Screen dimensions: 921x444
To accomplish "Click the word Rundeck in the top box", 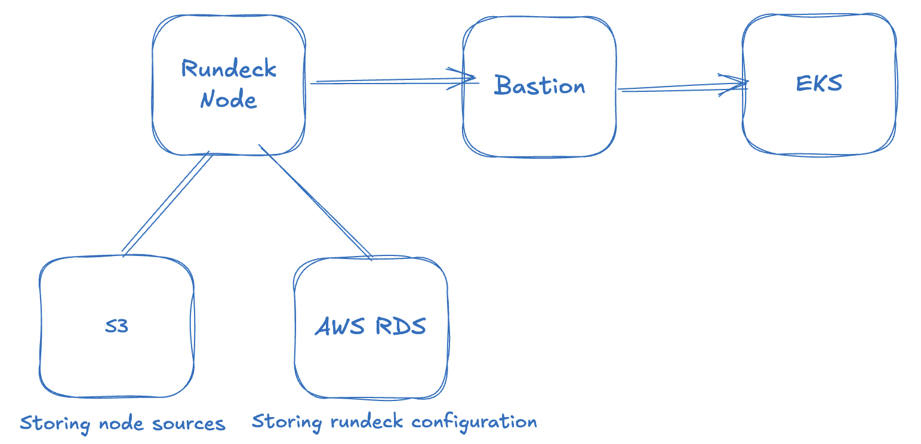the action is [229, 68].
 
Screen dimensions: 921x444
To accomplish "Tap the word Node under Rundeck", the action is [229, 98].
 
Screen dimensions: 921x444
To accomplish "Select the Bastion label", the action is [540, 85].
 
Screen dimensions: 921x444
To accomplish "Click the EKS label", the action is [819, 83].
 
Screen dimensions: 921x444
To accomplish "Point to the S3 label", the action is [116, 326].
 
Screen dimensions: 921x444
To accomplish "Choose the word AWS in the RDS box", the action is [340, 326].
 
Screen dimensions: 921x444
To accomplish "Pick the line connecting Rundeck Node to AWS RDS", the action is [315, 202].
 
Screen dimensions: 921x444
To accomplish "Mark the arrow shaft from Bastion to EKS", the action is [682, 87].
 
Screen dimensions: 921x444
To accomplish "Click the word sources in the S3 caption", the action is [189, 424].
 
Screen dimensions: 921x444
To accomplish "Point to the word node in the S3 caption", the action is [122, 424].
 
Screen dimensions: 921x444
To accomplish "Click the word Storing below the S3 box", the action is [55, 424].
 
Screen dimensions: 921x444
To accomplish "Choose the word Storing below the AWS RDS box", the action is [287, 422].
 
